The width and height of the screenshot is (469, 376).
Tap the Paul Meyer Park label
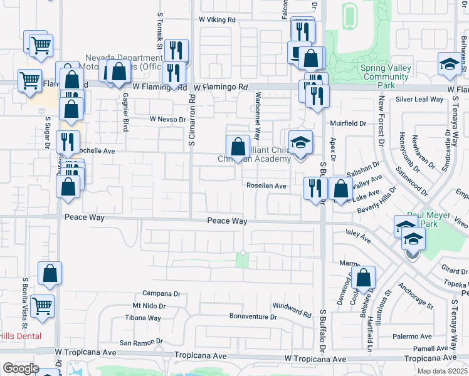(421, 218)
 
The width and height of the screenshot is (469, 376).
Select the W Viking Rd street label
(217, 20)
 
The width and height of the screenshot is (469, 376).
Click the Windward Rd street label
(292, 310)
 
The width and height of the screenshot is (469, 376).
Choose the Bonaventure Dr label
(253, 317)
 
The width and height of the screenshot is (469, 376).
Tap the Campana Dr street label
(161, 293)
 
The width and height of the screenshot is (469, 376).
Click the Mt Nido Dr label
(149, 306)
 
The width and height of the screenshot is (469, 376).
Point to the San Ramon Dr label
(141, 343)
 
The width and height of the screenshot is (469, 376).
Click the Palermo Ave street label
(413, 336)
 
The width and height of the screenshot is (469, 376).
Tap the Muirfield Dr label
(349, 123)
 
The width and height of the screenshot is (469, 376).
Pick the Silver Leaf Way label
(419, 100)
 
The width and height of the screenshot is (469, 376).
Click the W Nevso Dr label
(167, 119)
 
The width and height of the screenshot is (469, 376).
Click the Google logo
(20, 368)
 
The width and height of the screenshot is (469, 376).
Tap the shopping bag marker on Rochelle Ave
(238, 147)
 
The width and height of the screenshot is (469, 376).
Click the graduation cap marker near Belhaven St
(448, 65)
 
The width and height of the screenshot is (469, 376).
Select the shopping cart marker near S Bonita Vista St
(42, 306)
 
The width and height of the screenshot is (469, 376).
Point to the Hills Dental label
(21, 336)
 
